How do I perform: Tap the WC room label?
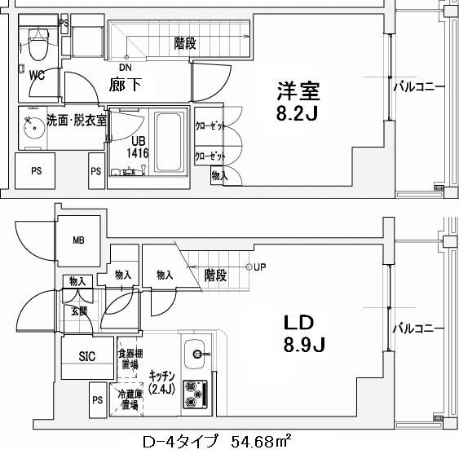point(36,75)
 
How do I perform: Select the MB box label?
point(79,240)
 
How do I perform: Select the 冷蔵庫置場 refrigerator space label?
point(129,399)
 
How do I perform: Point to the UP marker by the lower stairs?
point(259,267)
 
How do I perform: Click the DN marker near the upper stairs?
point(126,67)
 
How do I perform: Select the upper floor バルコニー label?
point(418,85)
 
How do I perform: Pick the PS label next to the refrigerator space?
point(97,400)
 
